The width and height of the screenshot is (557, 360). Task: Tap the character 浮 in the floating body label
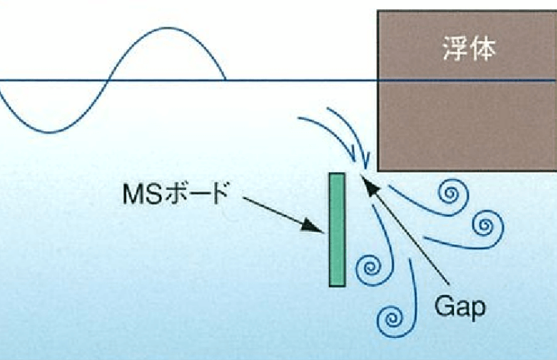pos(456,50)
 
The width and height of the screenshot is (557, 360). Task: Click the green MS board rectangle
pos(336,230)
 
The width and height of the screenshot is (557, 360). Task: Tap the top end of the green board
pos(336,176)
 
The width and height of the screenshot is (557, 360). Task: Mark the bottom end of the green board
pos(336,284)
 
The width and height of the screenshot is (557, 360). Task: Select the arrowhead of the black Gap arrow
pos(364,181)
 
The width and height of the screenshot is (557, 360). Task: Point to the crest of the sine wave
pos(166,29)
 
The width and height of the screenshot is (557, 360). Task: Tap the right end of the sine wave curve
pos(224,79)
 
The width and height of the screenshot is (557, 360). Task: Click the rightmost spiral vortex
pos(484,225)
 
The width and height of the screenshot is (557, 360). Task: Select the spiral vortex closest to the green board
pos(370,268)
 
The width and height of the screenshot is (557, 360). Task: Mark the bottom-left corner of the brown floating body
pos(379,169)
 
